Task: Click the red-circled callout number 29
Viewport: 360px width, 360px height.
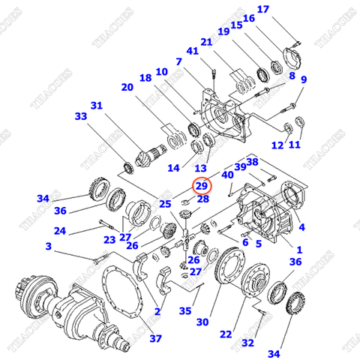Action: tap(202, 185)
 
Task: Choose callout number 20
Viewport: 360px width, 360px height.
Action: tap(127, 87)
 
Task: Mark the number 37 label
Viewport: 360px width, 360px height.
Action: tap(154, 338)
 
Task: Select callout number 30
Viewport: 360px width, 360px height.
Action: tap(202, 322)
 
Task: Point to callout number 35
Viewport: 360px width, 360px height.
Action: tap(185, 310)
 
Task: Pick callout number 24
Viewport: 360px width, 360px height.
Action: tap(60, 231)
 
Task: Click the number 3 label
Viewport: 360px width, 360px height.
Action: tap(48, 246)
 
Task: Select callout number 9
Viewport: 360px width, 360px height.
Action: tap(304, 79)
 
